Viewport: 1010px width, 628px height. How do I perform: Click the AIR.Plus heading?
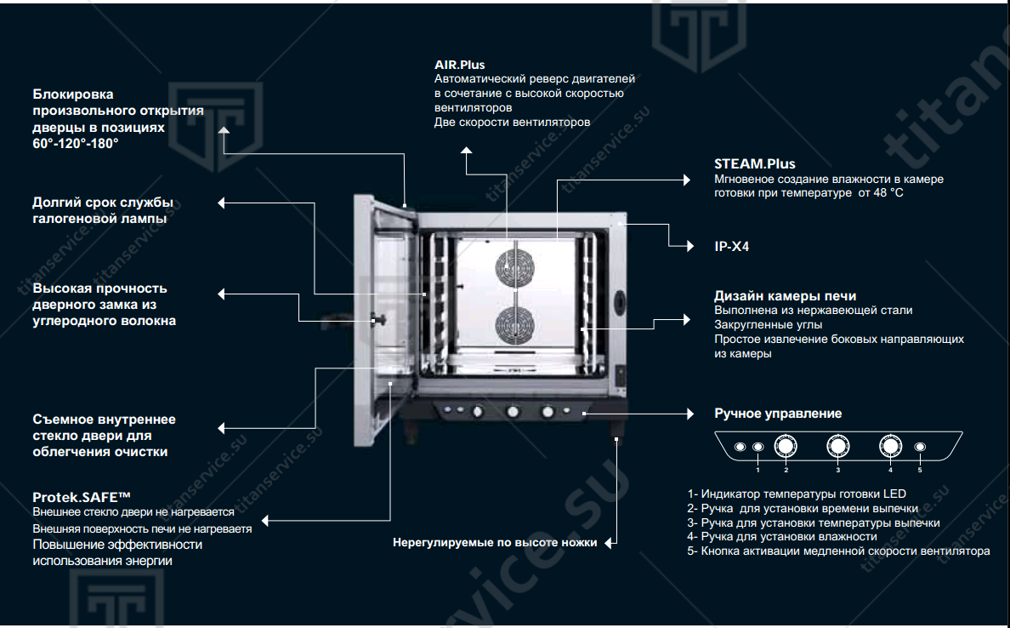(x=459, y=65)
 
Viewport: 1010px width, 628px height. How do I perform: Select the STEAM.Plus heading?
(x=754, y=163)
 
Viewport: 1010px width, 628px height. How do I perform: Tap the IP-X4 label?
(x=731, y=247)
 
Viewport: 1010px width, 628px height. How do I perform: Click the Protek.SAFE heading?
(x=82, y=496)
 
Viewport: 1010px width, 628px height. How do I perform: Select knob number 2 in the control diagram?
(x=786, y=446)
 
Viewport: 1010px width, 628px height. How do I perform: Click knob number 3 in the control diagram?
(x=837, y=446)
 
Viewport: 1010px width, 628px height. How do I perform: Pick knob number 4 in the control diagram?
(x=890, y=446)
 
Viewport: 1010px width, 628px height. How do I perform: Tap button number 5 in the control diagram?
(x=919, y=447)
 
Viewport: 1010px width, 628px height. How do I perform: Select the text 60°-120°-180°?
(x=76, y=143)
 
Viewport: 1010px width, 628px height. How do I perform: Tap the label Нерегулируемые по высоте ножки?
(x=495, y=542)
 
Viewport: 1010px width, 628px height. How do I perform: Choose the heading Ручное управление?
(x=778, y=414)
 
